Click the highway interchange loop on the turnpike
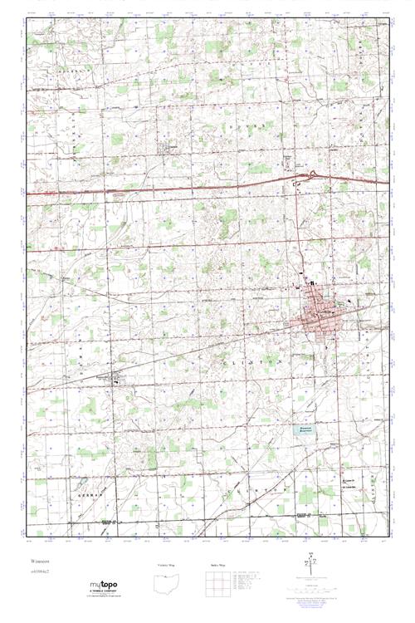click(x=314, y=174)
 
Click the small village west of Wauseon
click(x=118, y=380)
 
